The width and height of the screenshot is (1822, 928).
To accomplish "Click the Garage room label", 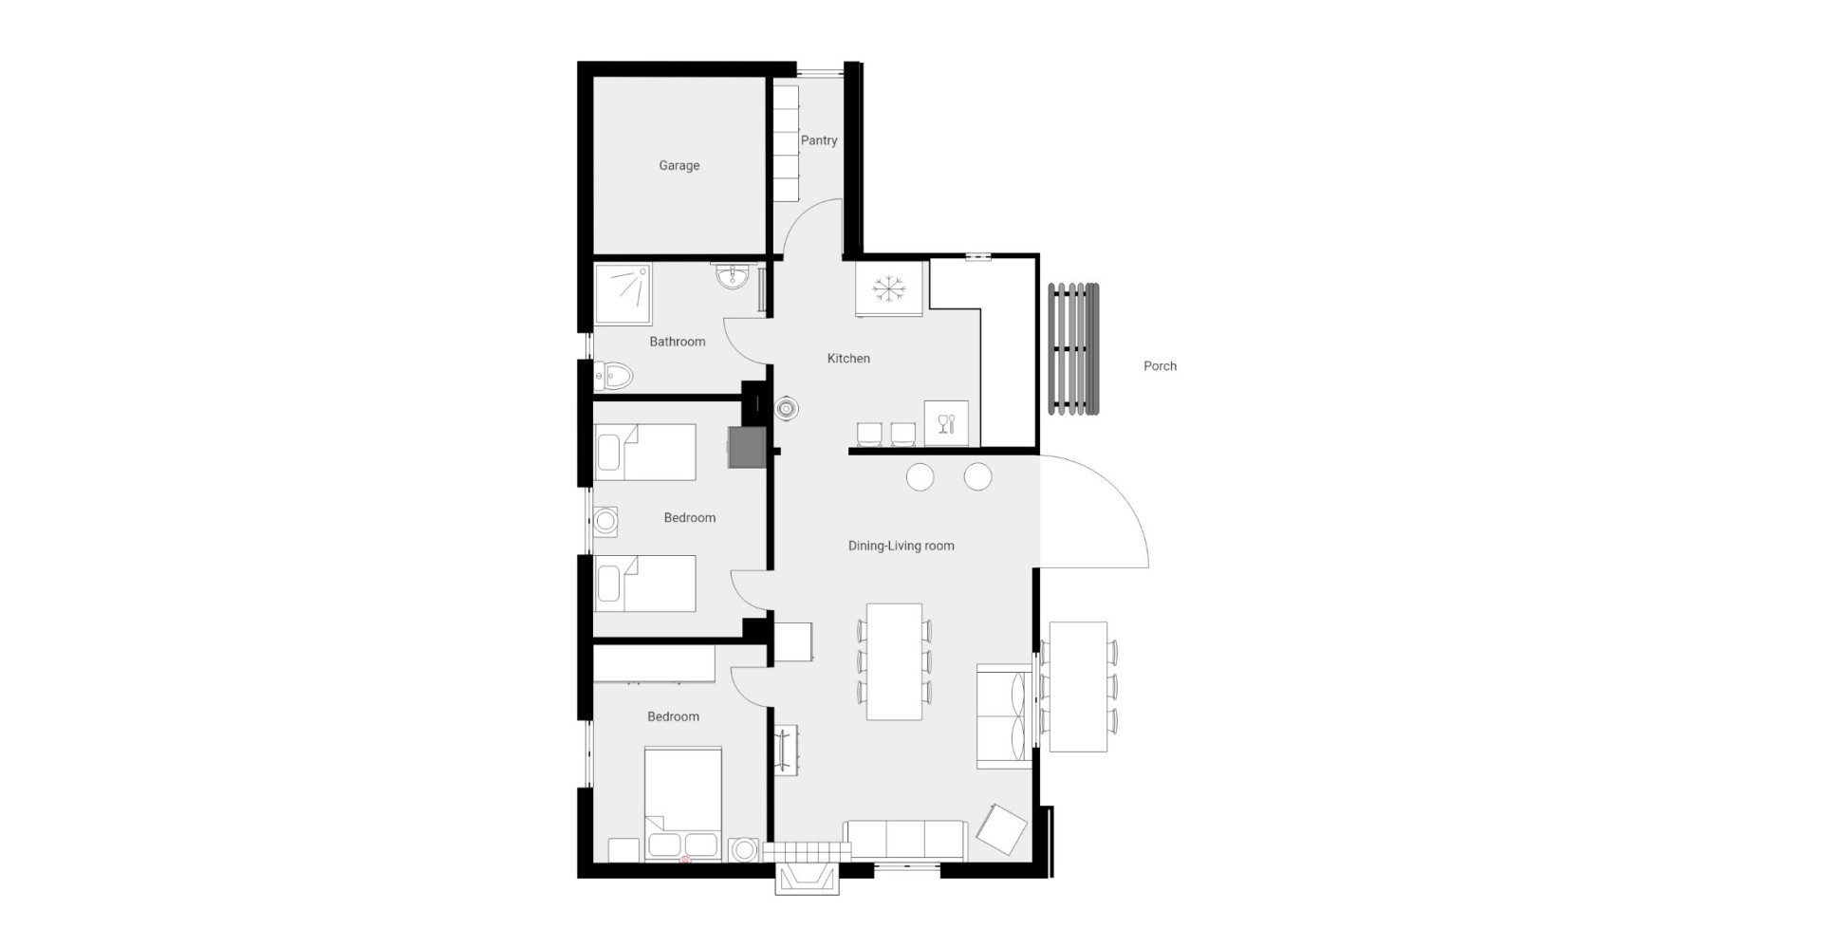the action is click(679, 166).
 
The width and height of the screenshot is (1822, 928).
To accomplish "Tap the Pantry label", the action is click(819, 140).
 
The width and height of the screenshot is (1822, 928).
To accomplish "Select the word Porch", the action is click(1160, 366).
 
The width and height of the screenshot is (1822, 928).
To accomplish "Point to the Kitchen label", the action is click(848, 359).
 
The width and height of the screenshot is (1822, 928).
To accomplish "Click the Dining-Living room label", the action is click(901, 546).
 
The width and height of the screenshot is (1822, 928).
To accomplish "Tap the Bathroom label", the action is click(678, 342).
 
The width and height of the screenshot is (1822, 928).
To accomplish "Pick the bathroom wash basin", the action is click(732, 276).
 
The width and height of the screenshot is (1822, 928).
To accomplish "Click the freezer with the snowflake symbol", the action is click(888, 288).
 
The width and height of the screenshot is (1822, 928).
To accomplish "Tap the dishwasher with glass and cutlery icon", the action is click(946, 423).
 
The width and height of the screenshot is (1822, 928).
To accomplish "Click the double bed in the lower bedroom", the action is click(683, 805).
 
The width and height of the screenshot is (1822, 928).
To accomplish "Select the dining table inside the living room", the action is click(894, 661).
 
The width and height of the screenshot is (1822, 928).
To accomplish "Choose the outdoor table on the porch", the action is click(1078, 686).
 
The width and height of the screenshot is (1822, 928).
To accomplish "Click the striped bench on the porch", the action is click(1073, 349).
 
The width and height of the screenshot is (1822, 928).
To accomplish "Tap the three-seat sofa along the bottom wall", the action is click(905, 841).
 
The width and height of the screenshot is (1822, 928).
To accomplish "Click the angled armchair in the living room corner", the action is click(1002, 828).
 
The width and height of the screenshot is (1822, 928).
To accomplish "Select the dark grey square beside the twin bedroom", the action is click(747, 447).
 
